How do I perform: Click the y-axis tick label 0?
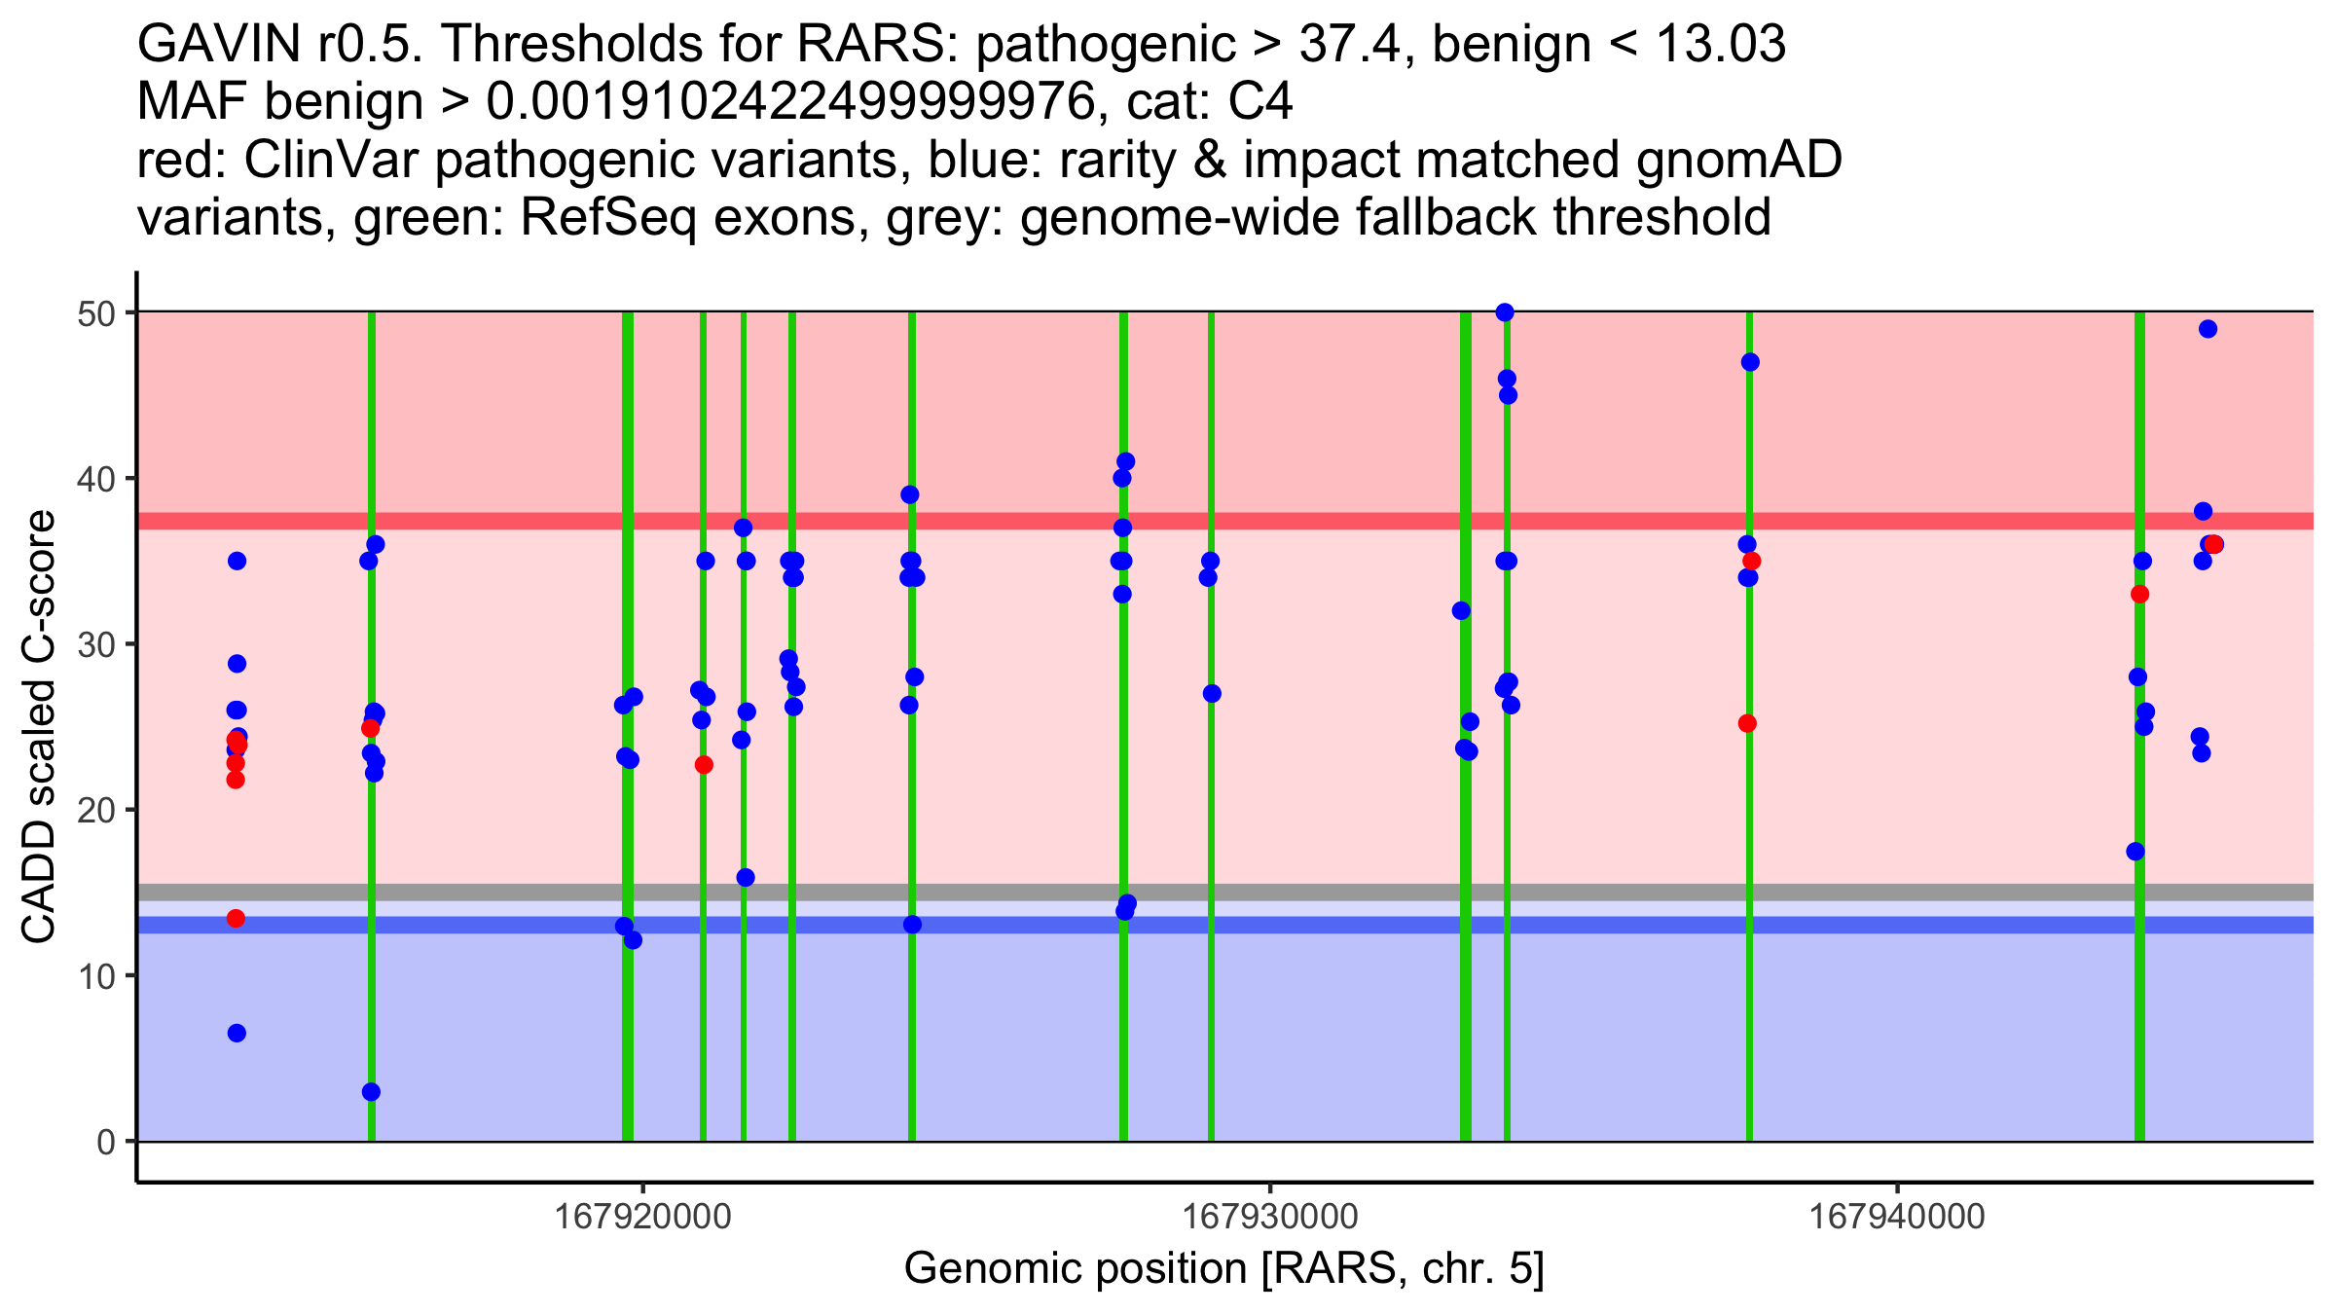(105, 1142)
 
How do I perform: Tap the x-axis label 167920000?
(641, 1218)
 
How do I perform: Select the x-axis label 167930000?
(1269, 1218)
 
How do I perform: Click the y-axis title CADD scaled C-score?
(39, 727)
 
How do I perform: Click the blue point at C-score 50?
(1505, 312)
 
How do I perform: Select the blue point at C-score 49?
(2208, 329)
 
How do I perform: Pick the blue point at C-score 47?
(1750, 362)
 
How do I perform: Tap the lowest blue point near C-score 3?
(371, 1092)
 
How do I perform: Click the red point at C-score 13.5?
(236, 919)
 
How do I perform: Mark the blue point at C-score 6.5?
(237, 1033)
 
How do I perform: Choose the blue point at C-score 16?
(746, 878)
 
